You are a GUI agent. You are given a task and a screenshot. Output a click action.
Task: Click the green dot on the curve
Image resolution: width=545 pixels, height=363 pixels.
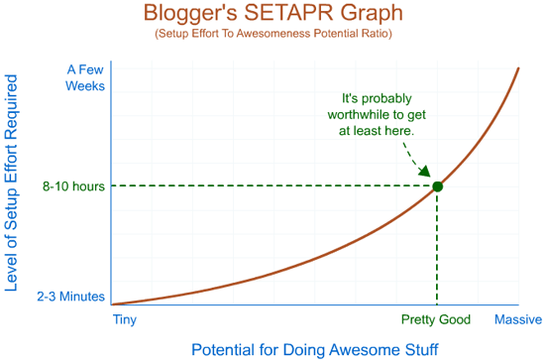[437, 185]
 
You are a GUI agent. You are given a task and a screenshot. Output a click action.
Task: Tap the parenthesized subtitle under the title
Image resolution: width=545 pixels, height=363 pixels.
[272, 35]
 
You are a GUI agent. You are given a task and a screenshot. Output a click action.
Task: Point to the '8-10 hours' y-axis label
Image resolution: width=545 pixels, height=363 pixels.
[73, 185]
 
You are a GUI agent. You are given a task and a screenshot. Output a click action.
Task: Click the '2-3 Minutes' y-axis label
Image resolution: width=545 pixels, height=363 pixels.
[70, 296]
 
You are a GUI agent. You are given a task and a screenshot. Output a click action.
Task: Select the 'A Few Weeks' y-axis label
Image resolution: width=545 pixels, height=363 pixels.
[84, 77]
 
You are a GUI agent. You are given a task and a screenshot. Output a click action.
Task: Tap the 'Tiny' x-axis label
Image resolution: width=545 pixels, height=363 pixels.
[125, 319]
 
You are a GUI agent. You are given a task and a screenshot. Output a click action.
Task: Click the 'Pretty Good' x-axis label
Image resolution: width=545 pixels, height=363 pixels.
[436, 319]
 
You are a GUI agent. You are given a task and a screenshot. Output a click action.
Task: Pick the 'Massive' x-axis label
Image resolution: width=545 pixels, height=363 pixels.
[517, 319]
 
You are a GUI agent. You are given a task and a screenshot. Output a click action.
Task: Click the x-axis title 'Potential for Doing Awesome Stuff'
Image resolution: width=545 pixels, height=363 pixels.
[314, 349]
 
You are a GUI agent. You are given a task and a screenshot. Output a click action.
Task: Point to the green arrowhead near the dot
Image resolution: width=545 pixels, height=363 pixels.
[423, 171]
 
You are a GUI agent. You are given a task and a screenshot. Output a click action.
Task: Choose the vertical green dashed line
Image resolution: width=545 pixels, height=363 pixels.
[437, 248]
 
